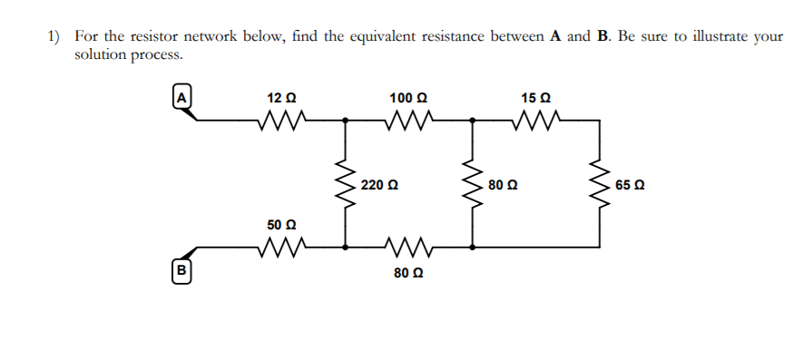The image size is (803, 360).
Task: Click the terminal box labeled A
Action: pos(181,95)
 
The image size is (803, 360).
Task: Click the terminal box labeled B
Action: pos(181,269)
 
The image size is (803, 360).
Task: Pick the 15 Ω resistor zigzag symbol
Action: pos(534,119)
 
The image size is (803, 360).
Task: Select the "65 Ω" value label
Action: pos(629,185)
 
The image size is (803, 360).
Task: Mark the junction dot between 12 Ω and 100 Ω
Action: pos(345,119)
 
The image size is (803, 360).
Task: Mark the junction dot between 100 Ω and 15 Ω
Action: pos(472,119)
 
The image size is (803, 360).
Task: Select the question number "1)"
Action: pos(54,37)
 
